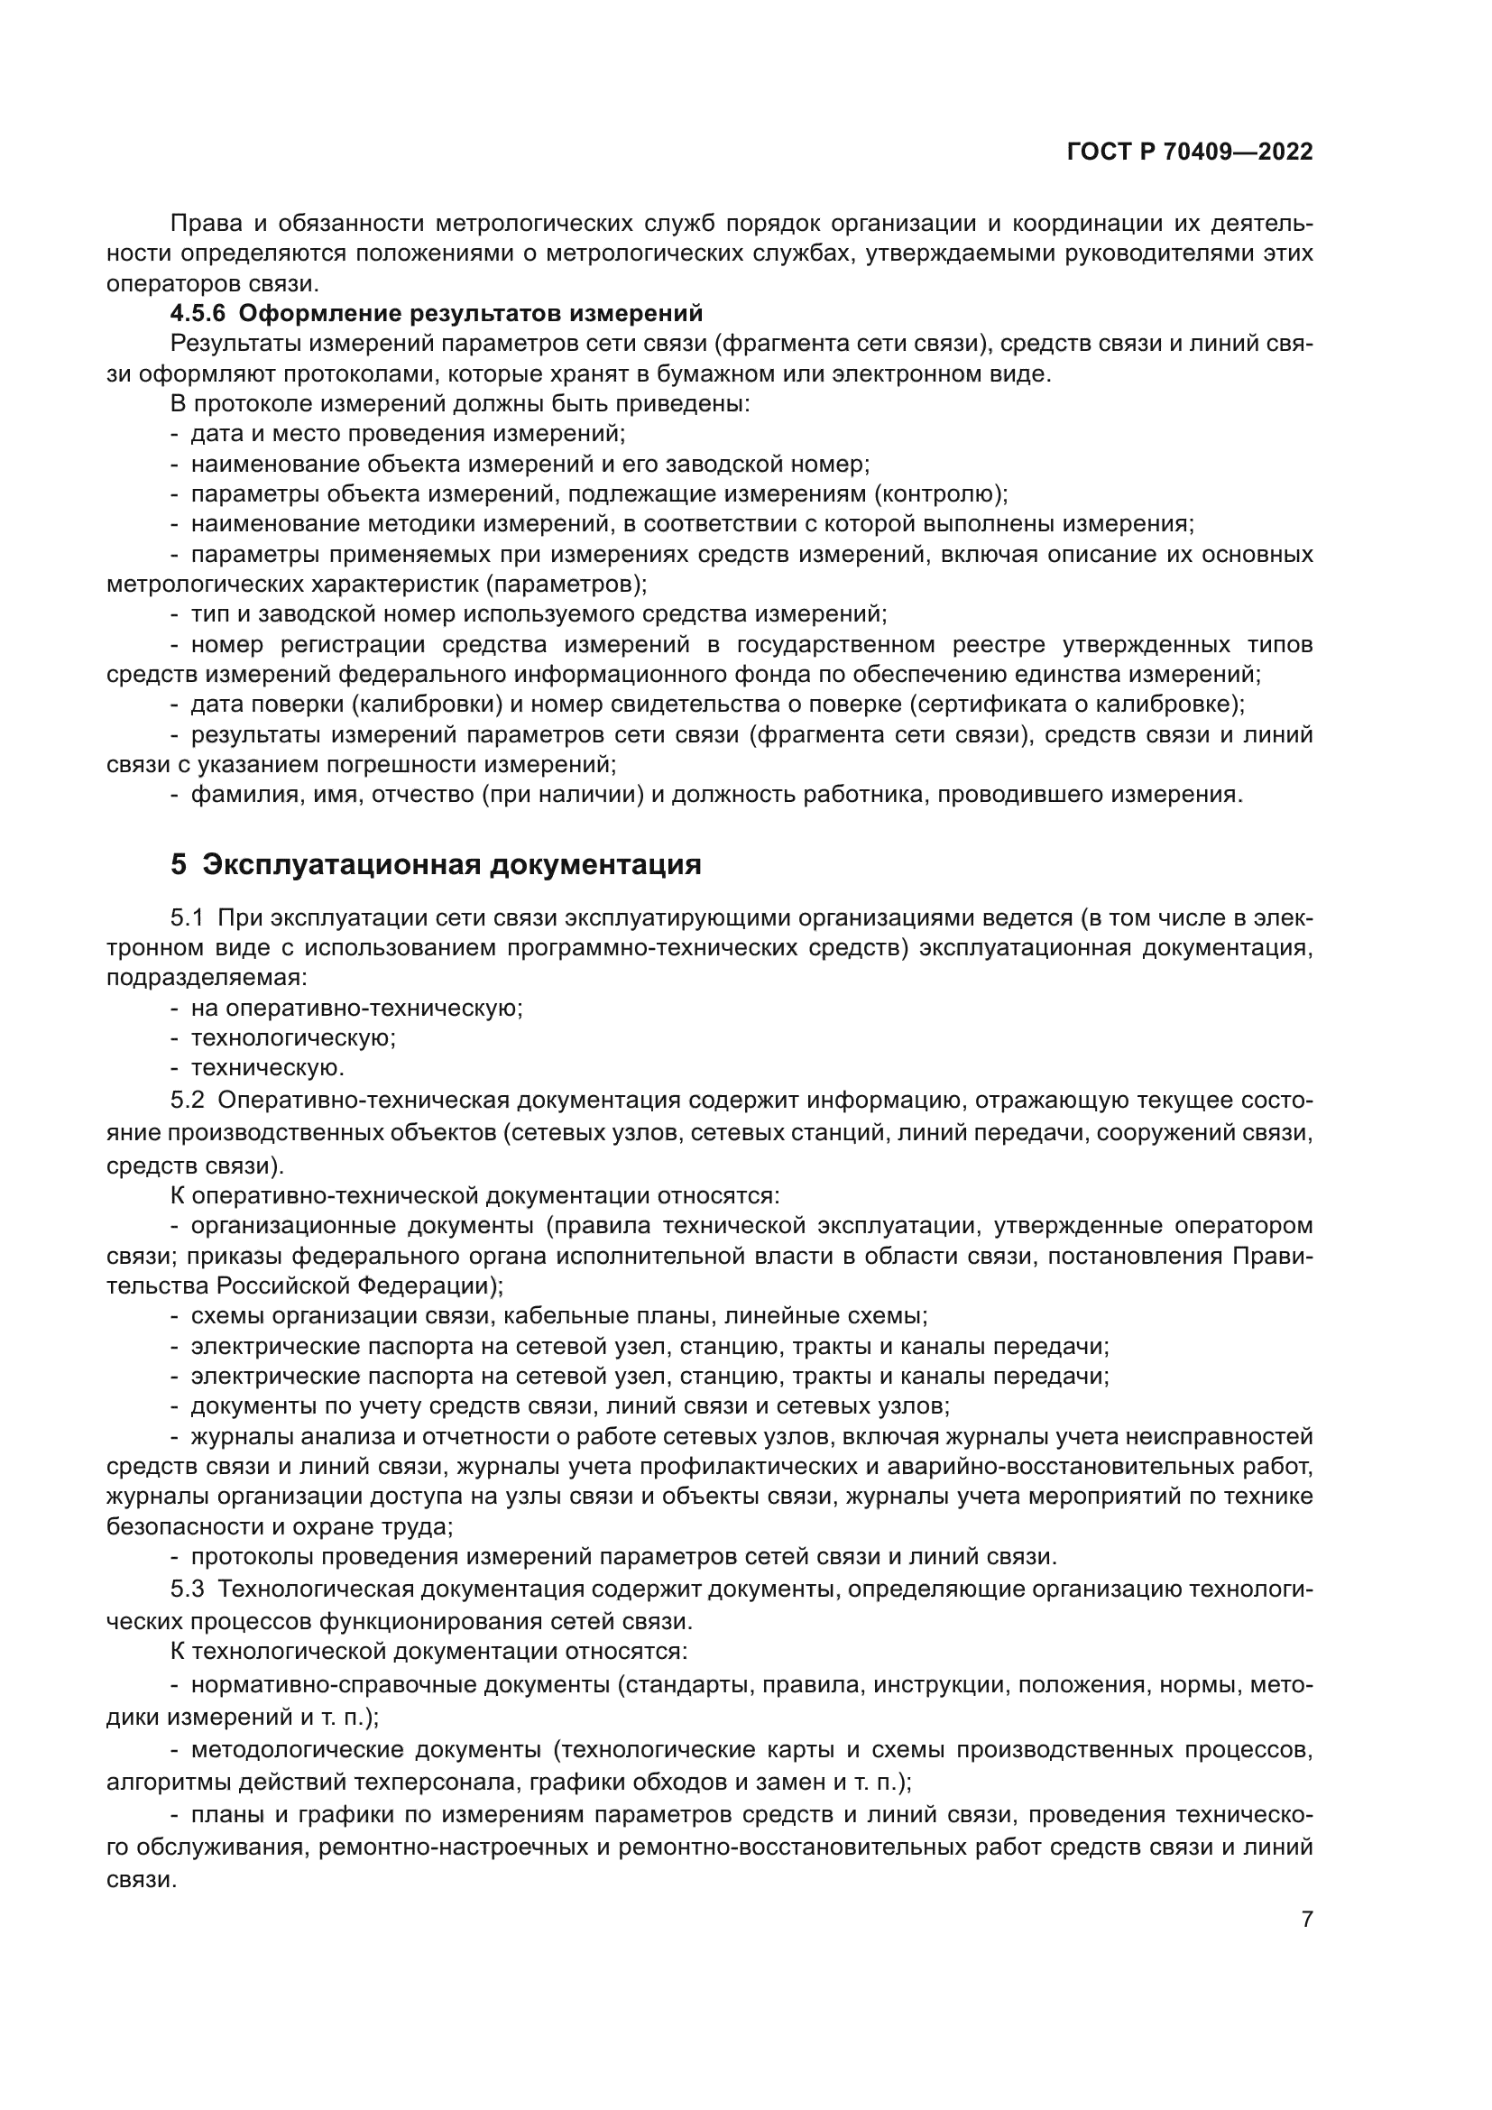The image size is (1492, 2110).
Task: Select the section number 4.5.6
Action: [x=197, y=313]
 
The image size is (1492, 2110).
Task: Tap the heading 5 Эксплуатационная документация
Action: [x=436, y=865]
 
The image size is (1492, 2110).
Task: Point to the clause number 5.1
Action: [x=188, y=917]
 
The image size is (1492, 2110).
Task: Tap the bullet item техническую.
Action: [x=267, y=1068]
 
